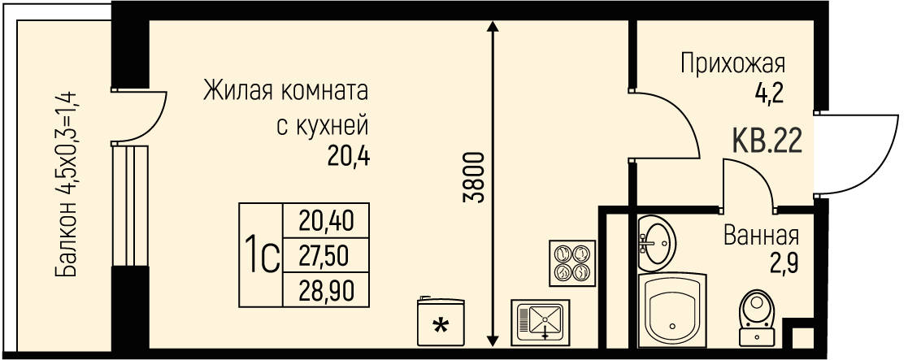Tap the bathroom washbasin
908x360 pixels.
click(658, 241)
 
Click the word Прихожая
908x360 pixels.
click(732, 63)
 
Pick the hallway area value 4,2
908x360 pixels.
click(768, 94)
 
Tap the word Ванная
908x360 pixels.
click(761, 236)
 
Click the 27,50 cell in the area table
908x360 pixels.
click(325, 257)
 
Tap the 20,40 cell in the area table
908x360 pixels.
click(325, 221)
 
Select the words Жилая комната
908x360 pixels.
click(286, 88)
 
